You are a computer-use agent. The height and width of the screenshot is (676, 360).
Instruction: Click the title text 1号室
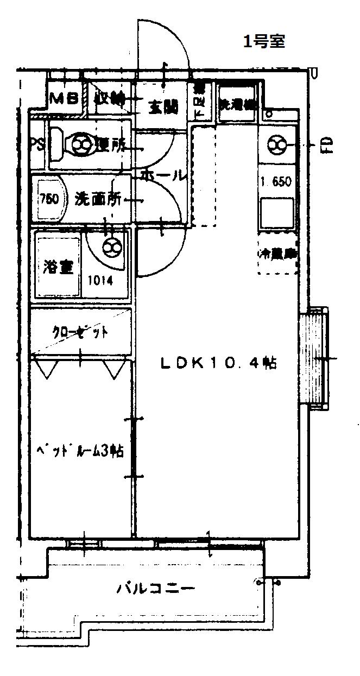264,41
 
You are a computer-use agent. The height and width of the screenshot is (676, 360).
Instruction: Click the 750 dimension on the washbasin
49,198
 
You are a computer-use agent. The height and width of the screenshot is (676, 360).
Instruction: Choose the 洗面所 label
98,199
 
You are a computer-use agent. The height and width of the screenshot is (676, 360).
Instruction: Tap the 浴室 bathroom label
58,268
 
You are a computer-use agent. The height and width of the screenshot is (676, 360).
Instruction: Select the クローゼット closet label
80,332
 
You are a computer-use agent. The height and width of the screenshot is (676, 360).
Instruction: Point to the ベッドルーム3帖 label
80,451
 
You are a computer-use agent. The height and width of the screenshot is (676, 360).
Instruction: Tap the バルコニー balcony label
155,589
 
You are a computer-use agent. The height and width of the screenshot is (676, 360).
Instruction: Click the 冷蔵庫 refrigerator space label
277,254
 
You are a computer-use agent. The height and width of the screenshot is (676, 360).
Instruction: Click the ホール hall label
163,176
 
